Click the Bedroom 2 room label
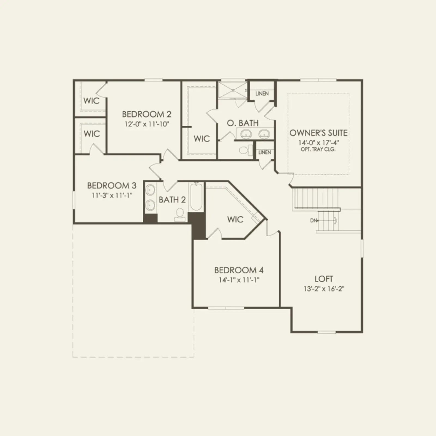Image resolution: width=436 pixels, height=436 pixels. click(147, 114)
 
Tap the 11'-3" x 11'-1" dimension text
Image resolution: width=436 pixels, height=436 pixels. click(112, 195)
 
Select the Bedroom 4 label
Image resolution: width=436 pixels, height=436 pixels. click(239, 270)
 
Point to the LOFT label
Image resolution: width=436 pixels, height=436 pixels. click(324, 279)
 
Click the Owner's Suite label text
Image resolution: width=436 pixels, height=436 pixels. click(318, 133)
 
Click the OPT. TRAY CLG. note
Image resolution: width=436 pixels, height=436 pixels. click(318, 149)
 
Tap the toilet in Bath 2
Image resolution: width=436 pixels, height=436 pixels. click(180, 215)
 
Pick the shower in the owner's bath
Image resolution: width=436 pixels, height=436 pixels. click(232, 90)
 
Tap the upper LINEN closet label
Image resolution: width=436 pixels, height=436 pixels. click(262, 93)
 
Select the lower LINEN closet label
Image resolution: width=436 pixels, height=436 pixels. click(265, 152)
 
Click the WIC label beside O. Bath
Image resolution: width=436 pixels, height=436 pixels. click(202, 139)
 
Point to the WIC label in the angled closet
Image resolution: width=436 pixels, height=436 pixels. click(235, 219)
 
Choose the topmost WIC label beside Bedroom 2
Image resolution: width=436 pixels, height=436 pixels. click(92, 101)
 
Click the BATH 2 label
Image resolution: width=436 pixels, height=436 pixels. click(172, 200)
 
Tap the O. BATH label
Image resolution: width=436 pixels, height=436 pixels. click(243, 123)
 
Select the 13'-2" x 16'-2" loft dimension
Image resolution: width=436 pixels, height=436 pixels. click(324, 289)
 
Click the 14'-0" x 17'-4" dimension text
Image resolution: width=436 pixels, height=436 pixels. click(319, 143)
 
